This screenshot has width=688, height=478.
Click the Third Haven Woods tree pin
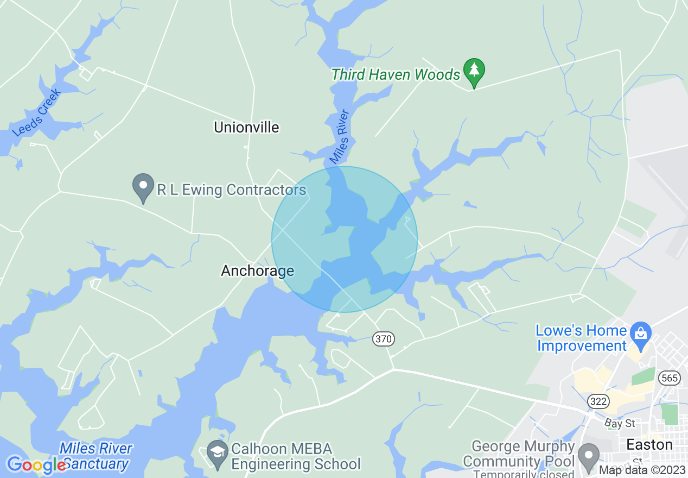tap(474, 71)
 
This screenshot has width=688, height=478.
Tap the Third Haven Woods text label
tap(396, 74)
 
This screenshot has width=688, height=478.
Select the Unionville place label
tap(246, 127)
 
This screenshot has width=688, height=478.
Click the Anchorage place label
tap(257, 271)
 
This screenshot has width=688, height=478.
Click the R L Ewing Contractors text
tap(232, 190)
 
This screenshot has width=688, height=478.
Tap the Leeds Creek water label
tap(37, 113)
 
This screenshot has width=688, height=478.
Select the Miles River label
tap(340, 137)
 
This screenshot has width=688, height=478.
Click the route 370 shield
tap(383, 339)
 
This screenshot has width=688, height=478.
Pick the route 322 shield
tap(598, 401)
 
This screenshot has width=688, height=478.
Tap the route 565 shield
tap(670, 378)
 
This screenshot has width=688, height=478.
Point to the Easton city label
tap(649, 445)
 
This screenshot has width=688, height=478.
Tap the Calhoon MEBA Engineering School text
tap(295, 457)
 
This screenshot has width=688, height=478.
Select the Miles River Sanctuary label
tap(96, 456)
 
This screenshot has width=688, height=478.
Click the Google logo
tap(36, 465)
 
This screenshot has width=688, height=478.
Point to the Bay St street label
tap(620, 423)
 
